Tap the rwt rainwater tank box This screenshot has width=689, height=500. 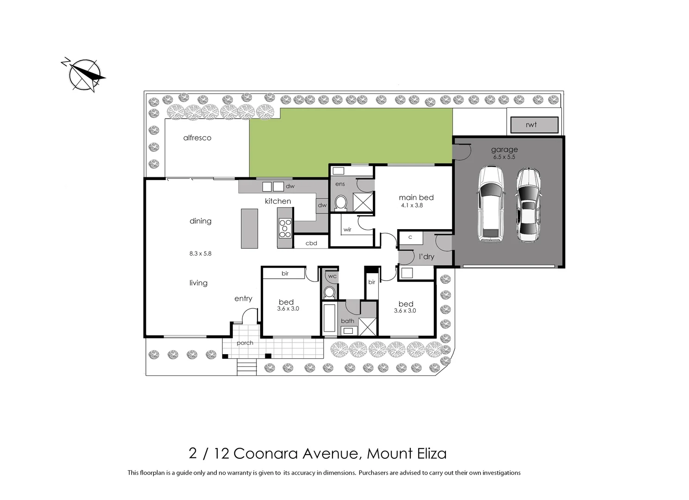[534, 125]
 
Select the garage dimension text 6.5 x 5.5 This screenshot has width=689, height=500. [504, 157]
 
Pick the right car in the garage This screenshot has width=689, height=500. [528, 205]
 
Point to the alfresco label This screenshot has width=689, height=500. [197, 138]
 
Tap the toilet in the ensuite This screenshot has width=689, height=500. [341, 202]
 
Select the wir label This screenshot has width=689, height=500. [347, 230]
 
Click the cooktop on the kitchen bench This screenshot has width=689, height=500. [285, 228]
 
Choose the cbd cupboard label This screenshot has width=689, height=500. [311, 243]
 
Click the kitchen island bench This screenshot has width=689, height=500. [249, 228]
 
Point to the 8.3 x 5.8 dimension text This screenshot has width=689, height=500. [200, 254]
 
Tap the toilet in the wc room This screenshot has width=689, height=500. [329, 292]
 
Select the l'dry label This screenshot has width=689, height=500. [426, 256]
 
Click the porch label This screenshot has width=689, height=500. [245, 343]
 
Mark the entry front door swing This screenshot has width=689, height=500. [249, 317]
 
